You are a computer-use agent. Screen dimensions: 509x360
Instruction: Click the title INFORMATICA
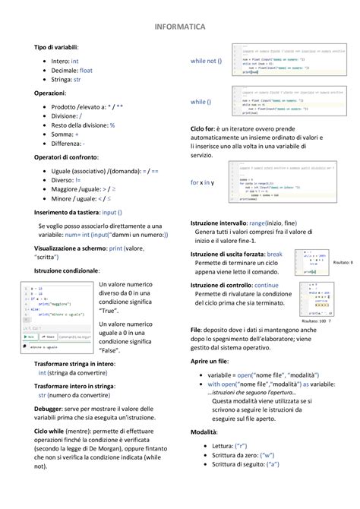[x=179, y=27]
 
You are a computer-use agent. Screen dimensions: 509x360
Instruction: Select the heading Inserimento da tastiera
[x=67, y=213]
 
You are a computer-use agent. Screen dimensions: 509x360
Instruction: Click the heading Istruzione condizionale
[x=67, y=270]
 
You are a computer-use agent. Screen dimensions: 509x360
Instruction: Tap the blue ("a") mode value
[x=267, y=466]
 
